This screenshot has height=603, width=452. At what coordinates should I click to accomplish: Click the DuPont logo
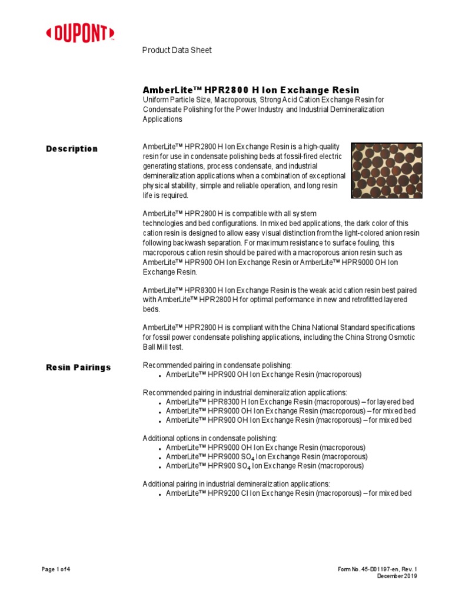[80, 34]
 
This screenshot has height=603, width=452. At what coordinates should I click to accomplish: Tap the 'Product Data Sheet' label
[177, 50]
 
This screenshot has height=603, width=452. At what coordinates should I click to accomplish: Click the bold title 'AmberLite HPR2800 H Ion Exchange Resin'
[251, 90]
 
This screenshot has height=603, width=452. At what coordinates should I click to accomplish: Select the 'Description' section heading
[72, 149]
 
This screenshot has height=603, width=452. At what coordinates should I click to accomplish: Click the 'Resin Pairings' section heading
[78, 367]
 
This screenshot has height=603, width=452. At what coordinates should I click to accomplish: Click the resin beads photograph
[386, 170]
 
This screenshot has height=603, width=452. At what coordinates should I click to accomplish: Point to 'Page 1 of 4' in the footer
[56, 569]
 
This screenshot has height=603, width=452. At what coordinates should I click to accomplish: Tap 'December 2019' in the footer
[397, 576]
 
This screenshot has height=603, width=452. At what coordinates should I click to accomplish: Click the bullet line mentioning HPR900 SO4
[264, 466]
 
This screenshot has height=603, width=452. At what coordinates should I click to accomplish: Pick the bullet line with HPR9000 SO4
[266, 456]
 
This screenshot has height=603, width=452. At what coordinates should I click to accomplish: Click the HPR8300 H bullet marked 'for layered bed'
[288, 402]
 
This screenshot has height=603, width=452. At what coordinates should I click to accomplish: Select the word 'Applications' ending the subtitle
[162, 119]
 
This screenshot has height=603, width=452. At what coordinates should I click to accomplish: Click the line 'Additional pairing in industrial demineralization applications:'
[237, 484]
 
